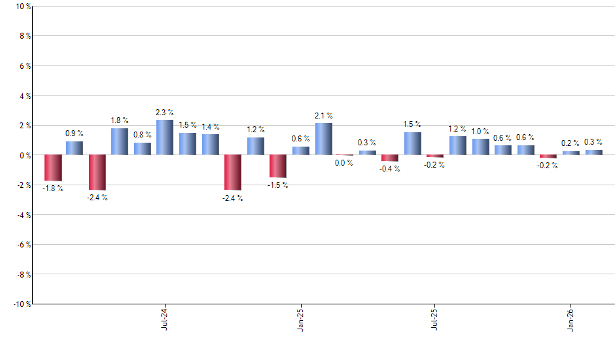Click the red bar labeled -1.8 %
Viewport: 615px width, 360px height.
coord(52,168)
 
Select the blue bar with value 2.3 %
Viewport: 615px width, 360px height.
coord(165,137)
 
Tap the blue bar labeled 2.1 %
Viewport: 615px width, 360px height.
coord(323,139)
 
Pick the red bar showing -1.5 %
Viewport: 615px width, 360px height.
coord(277,166)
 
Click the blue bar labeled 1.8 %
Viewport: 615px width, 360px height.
coord(120,141)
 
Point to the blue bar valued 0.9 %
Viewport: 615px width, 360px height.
coord(75,148)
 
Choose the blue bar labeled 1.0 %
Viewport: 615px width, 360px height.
coord(481,147)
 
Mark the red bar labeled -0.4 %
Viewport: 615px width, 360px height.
coord(390,158)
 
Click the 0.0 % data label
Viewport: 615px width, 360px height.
coord(344,163)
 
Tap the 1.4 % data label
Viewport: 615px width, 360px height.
coord(211,127)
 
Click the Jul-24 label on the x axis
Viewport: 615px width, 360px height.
coord(164,319)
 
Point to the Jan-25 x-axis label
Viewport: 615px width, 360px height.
coord(300,319)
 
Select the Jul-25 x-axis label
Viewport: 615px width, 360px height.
coord(435,319)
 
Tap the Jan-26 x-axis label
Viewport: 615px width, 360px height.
coord(571,319)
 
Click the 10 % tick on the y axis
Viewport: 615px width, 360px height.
coord(23,7)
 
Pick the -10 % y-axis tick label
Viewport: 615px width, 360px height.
coord(22,304)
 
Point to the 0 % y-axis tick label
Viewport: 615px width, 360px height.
coord(25,155)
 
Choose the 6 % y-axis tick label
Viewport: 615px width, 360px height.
coord(25,66)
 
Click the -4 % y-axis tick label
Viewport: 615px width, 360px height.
coord(24,215)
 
